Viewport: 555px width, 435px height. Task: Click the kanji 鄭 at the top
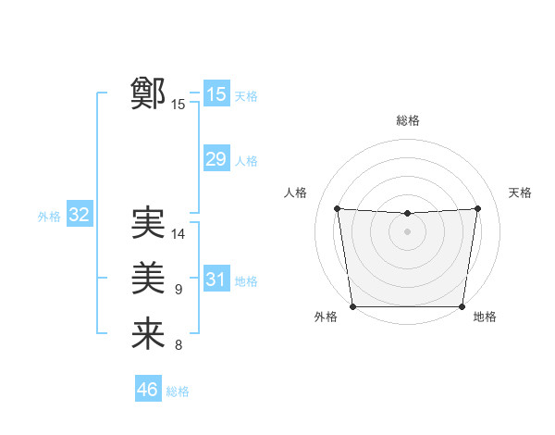pyautogui.click(x=148, y=93)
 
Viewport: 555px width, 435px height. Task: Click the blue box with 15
pyautogui.click(x=216, y=93)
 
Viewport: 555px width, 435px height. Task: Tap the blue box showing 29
pyautogui.click(x=216, y=159)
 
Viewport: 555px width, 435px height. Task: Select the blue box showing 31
pyautogui.click(x=216, y=280)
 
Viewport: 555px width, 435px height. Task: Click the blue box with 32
pyautogui.click(x=80, y=216)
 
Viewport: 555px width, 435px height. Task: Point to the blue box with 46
pyautogui.click(x=148, y=390)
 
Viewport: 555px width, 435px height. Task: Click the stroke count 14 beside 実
pyautogui.click(x=179, y=233)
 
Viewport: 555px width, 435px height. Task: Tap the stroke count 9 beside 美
pyautogui.click(x=179, y=290)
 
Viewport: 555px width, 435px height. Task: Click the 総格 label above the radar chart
pyautogui.click(x=407, y=120)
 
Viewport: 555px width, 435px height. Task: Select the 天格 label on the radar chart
pyautogui.click(x=520, y=193)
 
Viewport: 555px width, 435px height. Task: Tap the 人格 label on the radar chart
pyautogui.click(x=295, y=193)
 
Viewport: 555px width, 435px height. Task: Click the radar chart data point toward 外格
pyautogui.click(x=352, y=306)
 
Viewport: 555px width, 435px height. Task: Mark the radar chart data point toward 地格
pyautogui.click(x=462, y=306)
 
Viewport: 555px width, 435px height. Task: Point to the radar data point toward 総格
pyautogui.click(x=407, y=214)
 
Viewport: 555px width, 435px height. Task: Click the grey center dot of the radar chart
pyautogui.click(x=407, y=231)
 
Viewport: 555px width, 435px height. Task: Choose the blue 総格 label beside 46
pyautogui.click(x=178, y=391)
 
